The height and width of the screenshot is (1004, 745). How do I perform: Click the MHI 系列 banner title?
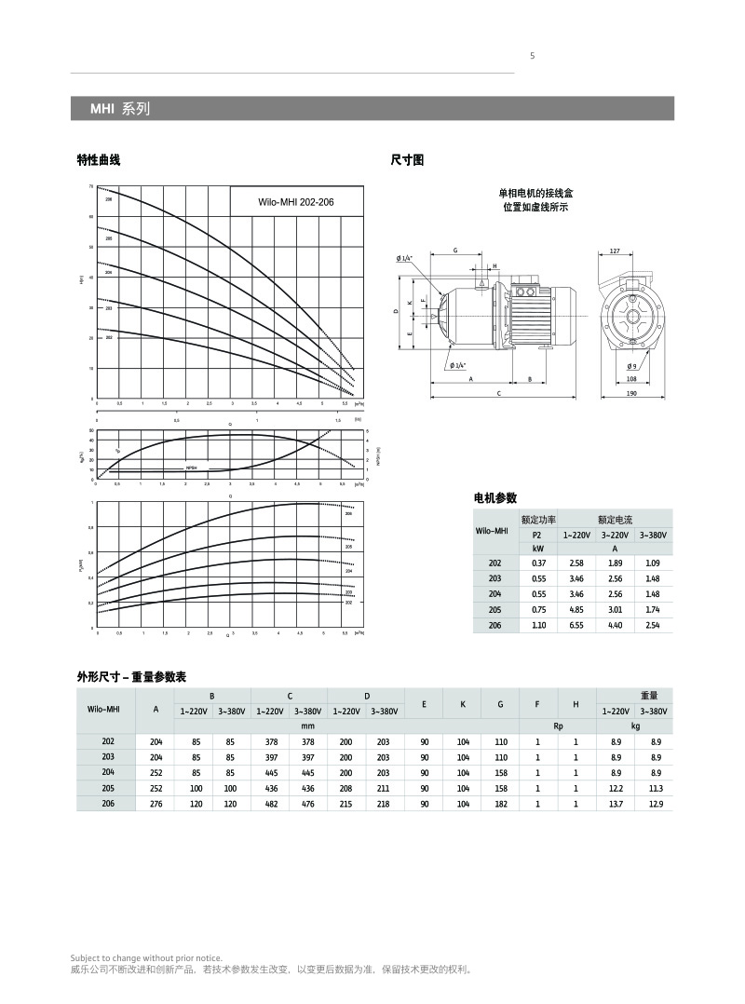click(x=119, y=109)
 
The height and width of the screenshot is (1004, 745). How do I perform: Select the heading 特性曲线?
click(x=99, y=161)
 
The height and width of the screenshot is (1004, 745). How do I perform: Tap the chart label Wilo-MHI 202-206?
click(x=295, y=202)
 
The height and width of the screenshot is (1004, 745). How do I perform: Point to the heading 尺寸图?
click(x=407, y=161)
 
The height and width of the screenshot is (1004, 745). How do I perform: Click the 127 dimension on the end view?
click(x=615, y=251)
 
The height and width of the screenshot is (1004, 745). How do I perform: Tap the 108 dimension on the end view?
click(x=632, y=379)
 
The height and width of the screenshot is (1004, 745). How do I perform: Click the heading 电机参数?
click(x=495, y=498)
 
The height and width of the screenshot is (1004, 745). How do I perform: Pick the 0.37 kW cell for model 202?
click(x=538, y=563)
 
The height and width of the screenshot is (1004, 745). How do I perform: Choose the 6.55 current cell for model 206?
click(x=576, y=625)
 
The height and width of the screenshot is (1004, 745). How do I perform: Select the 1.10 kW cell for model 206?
click(x=538, y=625)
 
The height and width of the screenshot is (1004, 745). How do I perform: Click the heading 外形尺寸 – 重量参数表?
click(x=138, y=677)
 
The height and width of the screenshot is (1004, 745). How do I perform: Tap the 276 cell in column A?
click(x=156, y=803)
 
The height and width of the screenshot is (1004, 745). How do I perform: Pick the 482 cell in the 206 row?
click(x=271, y=803)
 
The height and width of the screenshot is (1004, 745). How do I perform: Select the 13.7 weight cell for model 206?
click(x=616, y=803)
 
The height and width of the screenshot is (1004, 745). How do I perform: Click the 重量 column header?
click(x=649, y=695)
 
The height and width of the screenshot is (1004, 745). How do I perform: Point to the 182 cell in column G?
click(x=500, y=803)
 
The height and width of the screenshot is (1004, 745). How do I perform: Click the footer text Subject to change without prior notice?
click(x=147, y=957)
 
